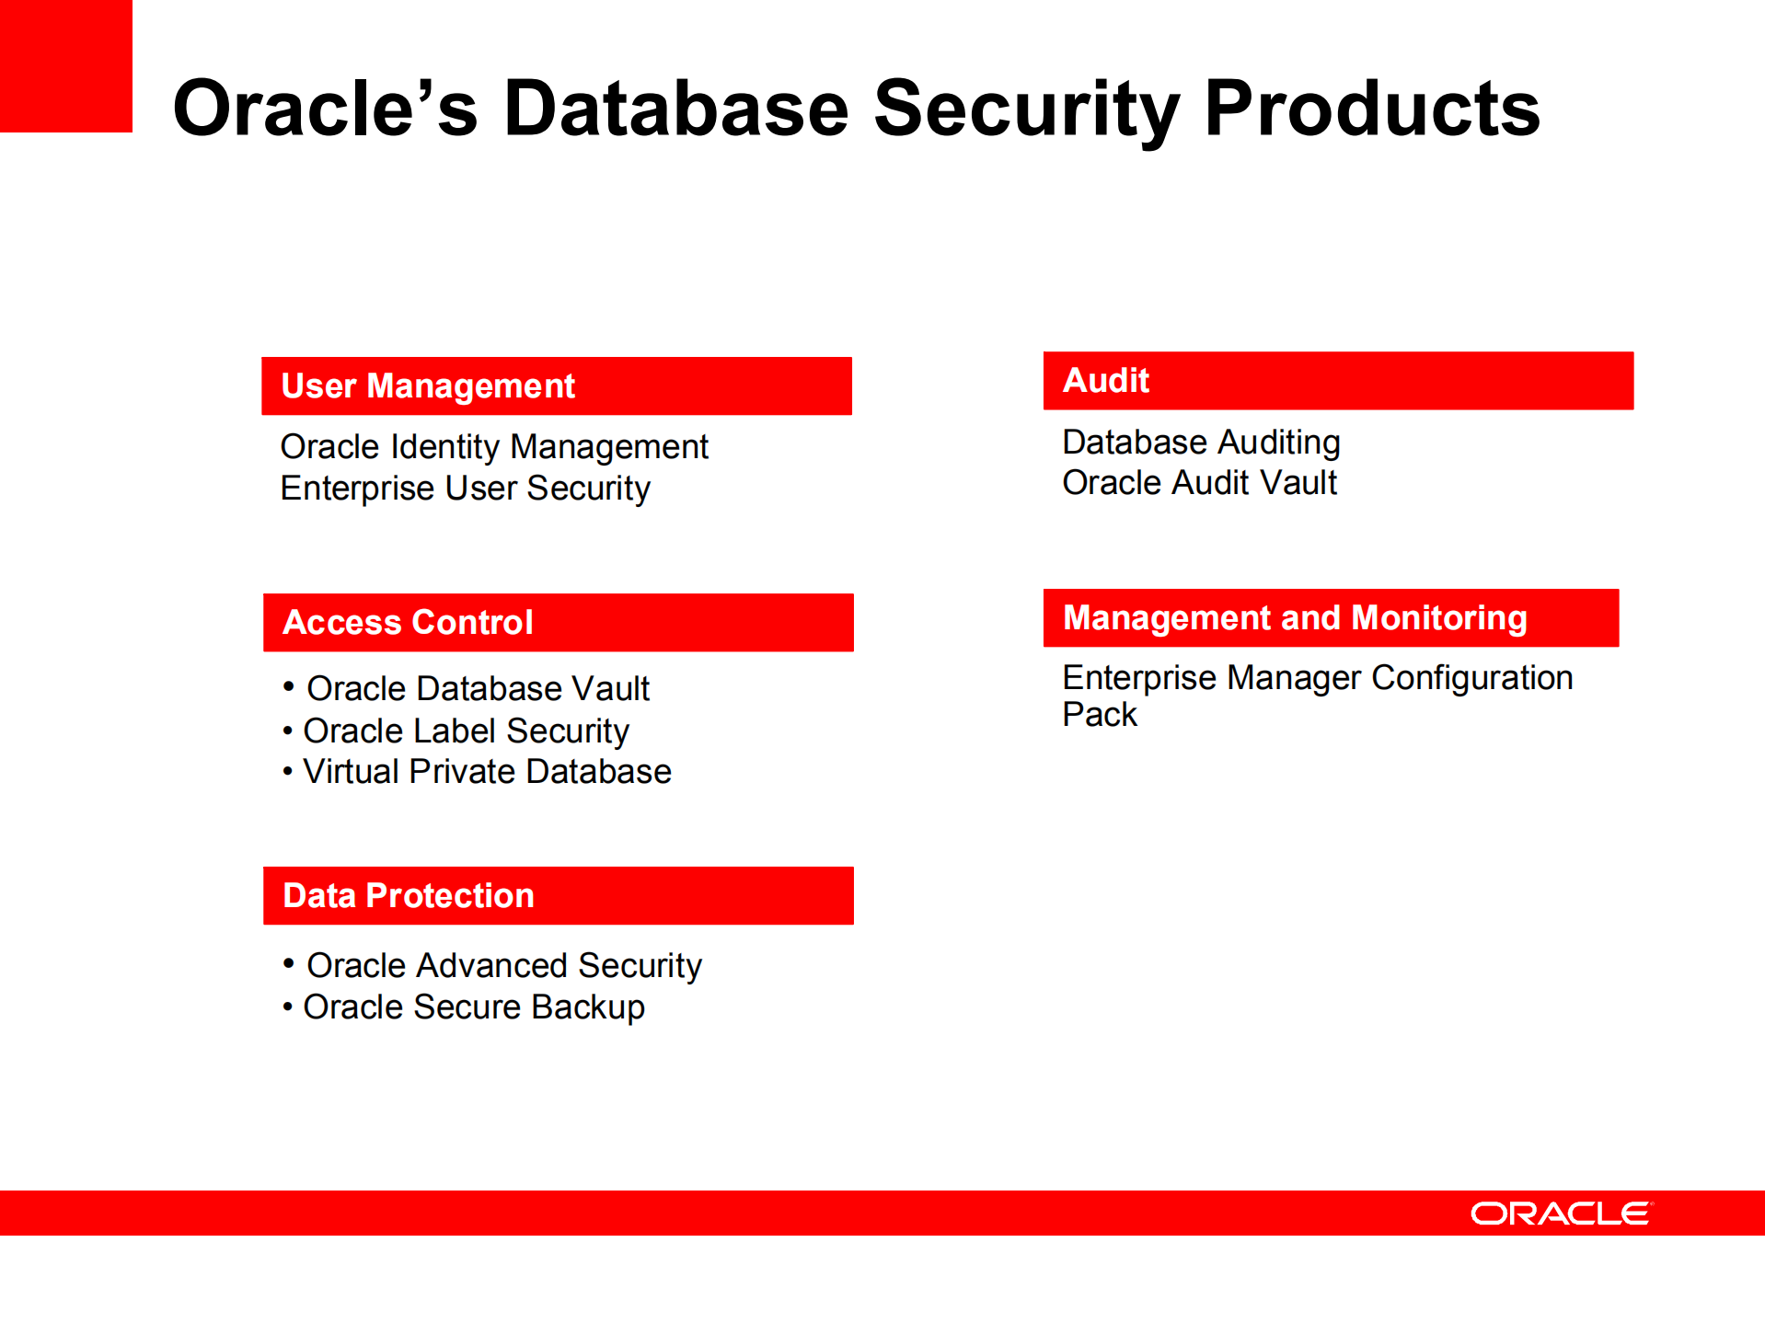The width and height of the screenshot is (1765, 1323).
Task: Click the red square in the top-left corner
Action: click(65, 65)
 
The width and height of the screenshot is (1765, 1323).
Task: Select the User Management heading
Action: click(428, 386)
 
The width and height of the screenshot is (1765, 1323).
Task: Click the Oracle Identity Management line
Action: click(494, 447)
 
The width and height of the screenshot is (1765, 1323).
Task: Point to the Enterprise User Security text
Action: click(465, 489)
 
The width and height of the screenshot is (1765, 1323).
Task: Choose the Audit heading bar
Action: click(1337, 381)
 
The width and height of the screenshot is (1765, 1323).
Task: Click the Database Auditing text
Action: click(1200, 443)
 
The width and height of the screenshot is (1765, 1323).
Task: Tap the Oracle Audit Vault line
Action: click(1198, 483)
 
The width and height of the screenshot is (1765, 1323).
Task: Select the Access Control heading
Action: click(408, 623)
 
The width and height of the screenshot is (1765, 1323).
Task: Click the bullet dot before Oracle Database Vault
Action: click(288, 686)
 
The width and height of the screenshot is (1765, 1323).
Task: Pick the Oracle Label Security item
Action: click(466, 731)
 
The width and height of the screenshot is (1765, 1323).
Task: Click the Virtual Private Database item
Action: click(487, 772)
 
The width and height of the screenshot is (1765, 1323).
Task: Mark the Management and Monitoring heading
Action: click(1294, 618)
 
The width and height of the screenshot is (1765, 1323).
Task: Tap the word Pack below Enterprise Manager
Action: click(1099, 715)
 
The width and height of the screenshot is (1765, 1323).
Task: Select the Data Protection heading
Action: click(408, 896)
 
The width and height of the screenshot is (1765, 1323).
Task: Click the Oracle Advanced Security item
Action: click(503, 966)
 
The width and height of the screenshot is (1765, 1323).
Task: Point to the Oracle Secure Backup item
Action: click(473, 1007)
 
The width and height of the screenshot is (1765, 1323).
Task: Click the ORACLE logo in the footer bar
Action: click(1561, 1214)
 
